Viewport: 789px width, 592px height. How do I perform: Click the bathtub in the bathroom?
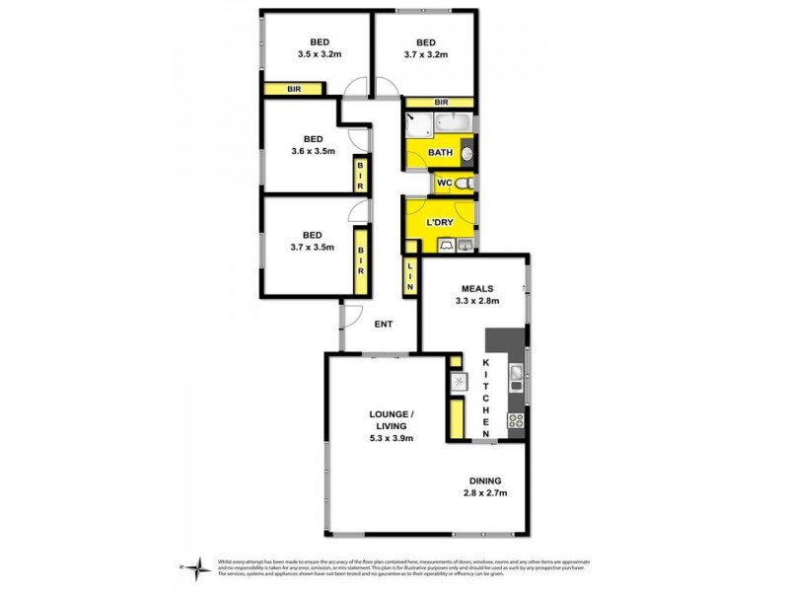[453, 125]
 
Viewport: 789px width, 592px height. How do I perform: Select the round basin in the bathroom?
[466, 153]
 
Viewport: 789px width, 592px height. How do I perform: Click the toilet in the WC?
[466, 184]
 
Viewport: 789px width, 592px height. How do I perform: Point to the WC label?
[444, 184]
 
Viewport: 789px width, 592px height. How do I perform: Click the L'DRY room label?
[438, 223]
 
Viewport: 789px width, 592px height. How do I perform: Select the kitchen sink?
[515, 373]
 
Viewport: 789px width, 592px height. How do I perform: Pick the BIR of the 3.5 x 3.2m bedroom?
[293, 89]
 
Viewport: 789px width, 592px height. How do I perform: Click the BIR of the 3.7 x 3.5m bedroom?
[362, 259]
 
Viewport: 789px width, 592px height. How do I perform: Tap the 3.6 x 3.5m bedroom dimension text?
[314, 152]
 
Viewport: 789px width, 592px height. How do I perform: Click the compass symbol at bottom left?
[198, 565]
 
